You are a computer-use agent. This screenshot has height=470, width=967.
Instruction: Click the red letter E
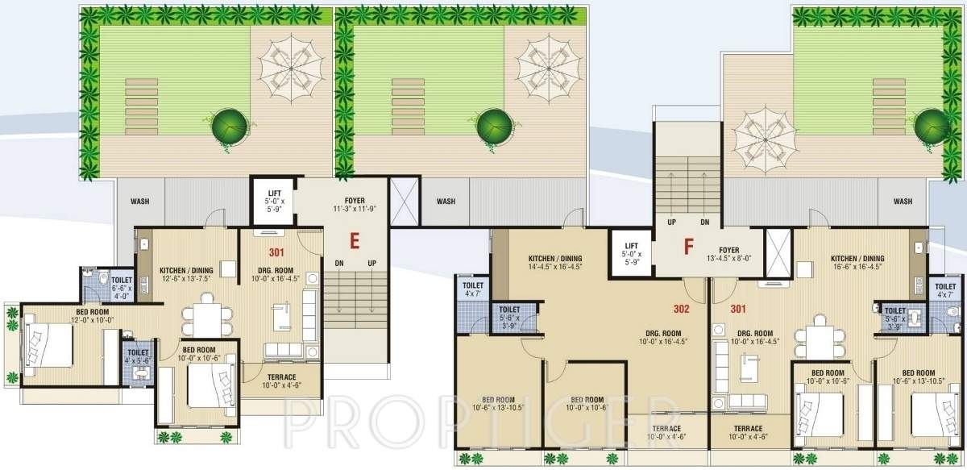[353, 239]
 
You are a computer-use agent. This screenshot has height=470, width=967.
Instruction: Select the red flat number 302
[683, 308]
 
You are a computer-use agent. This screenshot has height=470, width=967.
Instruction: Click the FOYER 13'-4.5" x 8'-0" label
[733, 254]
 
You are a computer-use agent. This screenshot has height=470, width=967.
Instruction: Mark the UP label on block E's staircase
[371, 264]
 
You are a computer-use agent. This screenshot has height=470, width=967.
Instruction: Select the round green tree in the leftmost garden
[228, 125]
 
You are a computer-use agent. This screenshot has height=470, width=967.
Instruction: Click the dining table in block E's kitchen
[207, 315]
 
